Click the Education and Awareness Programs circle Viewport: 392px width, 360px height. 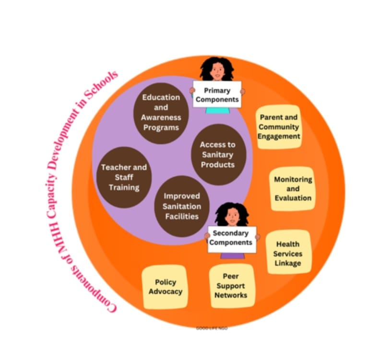tap(161, 113)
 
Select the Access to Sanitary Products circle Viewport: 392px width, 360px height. tap(218, 155)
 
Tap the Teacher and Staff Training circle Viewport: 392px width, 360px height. tap(124, 177)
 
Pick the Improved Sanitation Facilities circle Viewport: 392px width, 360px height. tap(182, 206)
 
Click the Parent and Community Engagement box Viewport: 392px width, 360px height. tap(279, 127)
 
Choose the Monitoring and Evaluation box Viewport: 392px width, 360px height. tap(293, 189)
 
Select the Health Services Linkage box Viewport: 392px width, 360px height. tap(288, 252)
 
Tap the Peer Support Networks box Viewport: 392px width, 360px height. tap(231, 286)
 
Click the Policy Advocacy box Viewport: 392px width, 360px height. tap(165, 287)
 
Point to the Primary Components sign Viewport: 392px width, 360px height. tap(217, 94)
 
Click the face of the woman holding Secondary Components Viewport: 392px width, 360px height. tap(232, 217)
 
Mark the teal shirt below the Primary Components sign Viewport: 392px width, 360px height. tap(217, 111)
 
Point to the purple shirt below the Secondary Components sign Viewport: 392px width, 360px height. tap(232, 256)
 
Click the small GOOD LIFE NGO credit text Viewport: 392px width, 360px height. tap(212, 328)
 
